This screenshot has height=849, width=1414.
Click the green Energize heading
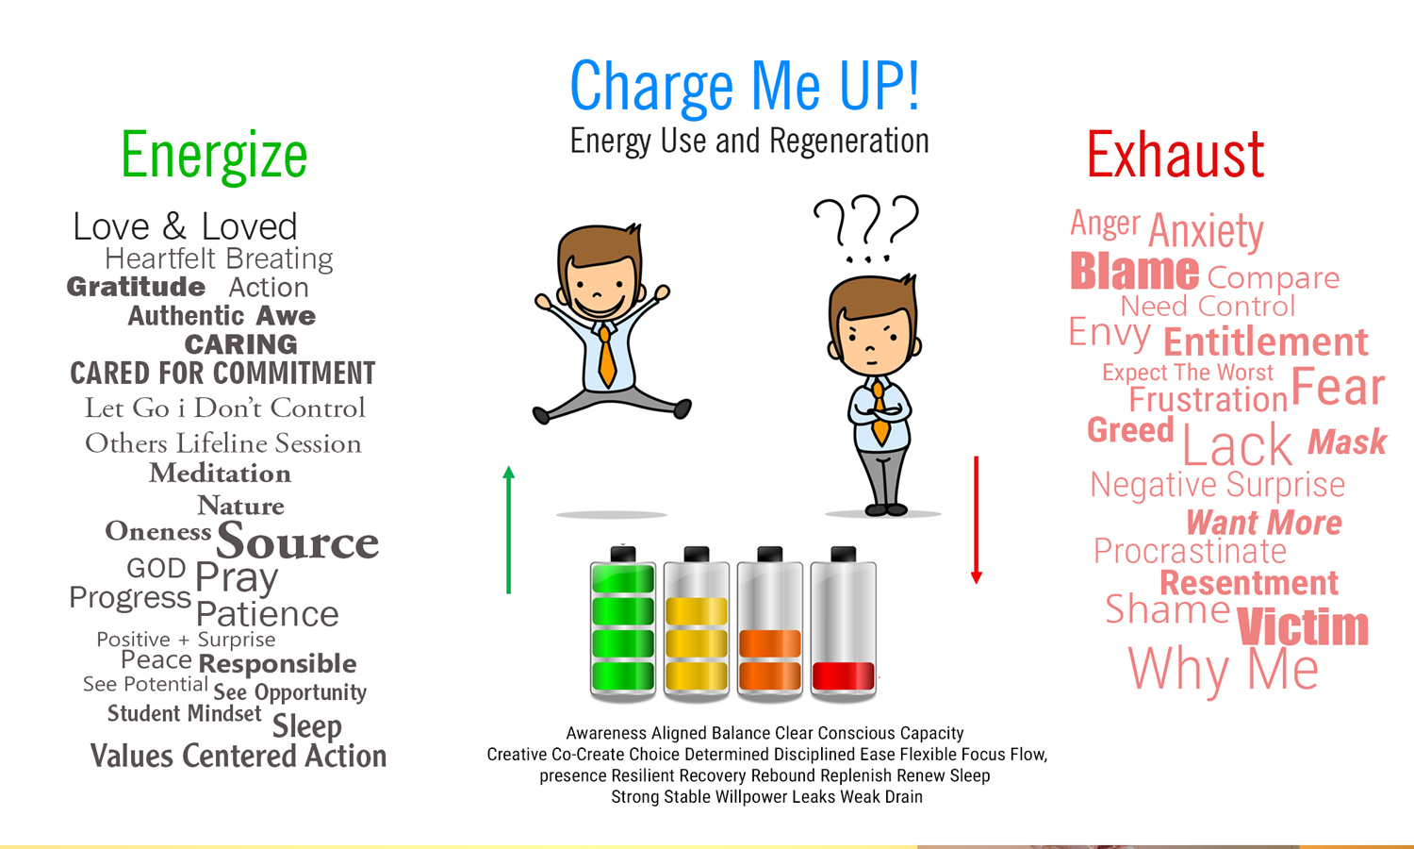pos(214,156)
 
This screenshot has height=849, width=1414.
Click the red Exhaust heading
pos(1175,156)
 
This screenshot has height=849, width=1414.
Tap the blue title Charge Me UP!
pos(745,87)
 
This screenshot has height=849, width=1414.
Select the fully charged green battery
pos(622,624)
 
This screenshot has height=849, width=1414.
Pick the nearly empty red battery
pos(844,624)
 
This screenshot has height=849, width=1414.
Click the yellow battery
pos(696,624)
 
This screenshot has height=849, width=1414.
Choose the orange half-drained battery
pos(769,624)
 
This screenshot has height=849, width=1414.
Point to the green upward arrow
pos(509,528)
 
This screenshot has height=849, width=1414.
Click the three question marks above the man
pos(865,226)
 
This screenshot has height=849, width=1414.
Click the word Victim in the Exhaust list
pos(1302,627)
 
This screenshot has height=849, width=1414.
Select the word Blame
pos(1134,272)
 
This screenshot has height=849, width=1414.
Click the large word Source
pos(297,541)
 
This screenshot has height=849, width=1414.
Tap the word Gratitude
pos(136,287)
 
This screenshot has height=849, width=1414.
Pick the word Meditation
pos(220,474)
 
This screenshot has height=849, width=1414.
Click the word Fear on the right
pos(1337,387)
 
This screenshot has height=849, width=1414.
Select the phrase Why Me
pos(1223,670)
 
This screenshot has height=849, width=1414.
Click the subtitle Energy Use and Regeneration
pos(749,141)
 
